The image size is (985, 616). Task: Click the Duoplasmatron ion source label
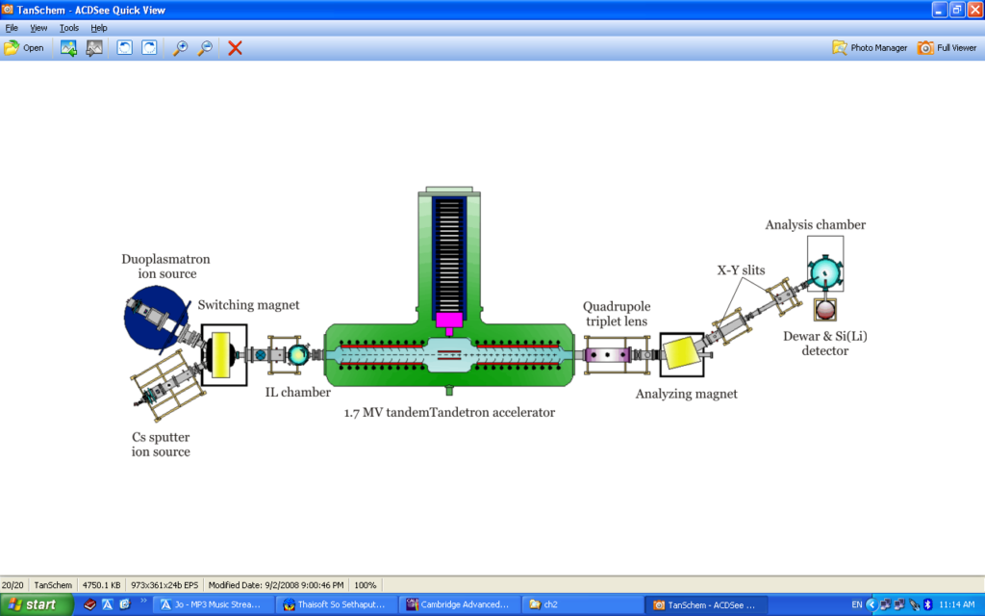(165, 267)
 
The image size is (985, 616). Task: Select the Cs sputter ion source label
(161, 444)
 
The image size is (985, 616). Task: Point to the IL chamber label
(298, 392)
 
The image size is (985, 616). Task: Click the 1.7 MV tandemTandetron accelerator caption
(449, 412)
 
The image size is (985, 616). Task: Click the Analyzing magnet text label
(686, 394)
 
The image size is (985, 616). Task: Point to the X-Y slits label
(741, 270)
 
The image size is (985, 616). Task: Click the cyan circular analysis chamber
(823, 273)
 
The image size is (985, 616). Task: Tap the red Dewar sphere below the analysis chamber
(825, 309)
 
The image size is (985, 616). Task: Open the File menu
(12, 28)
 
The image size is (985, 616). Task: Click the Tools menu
(69, 28)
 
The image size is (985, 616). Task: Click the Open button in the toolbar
(24, 47)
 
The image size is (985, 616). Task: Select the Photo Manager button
(870, 47)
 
